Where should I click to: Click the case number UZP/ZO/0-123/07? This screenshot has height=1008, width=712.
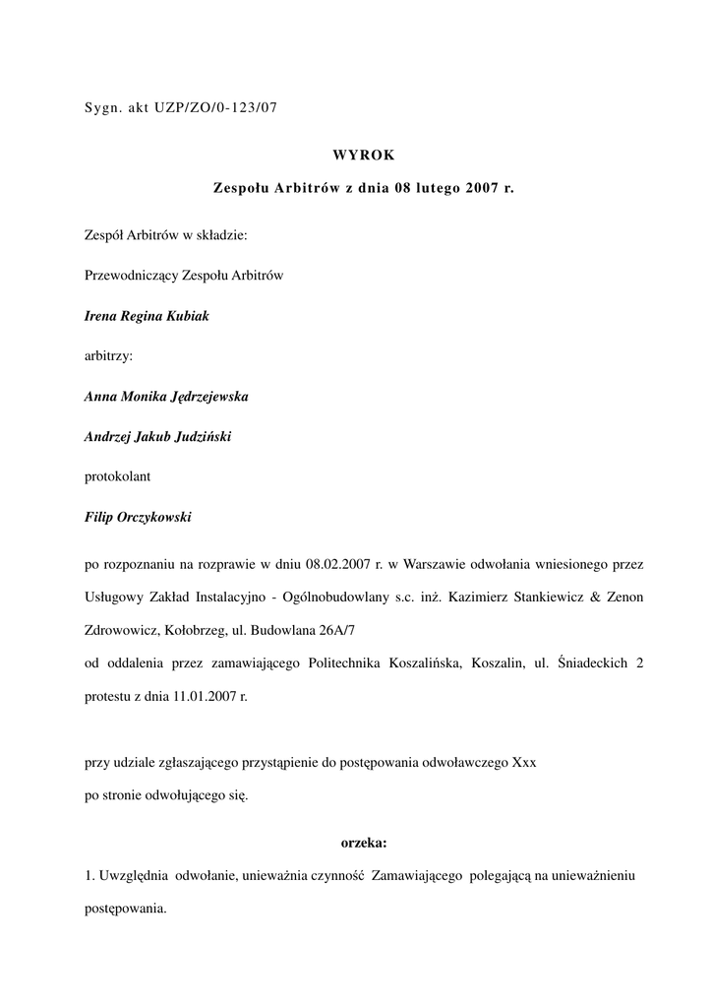coord(215,109)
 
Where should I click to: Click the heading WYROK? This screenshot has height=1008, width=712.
coord(363,153)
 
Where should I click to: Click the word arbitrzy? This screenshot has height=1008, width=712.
coord(108,357)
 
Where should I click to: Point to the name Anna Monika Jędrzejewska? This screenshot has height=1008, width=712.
coord(166,397)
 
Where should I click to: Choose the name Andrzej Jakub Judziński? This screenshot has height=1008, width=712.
coord(157,436)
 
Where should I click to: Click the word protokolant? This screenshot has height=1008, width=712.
coord(117,476)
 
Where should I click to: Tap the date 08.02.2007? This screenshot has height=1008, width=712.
coord(337,564)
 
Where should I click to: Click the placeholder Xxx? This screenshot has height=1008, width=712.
coord(524,763)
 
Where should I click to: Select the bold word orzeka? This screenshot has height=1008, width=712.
coord(364,843)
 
